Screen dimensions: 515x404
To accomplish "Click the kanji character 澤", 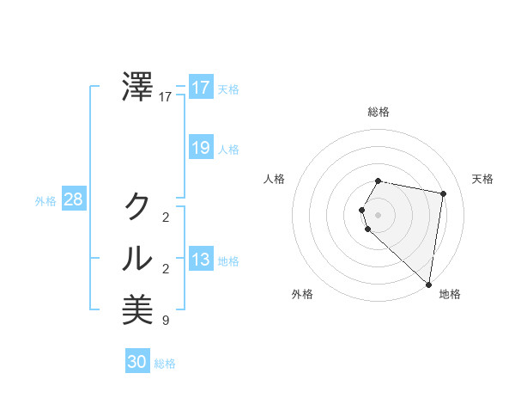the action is [x=138, y=87].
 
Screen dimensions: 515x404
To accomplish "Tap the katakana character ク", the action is [x=138, y=205].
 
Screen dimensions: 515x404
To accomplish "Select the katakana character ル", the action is [x=138, y=257].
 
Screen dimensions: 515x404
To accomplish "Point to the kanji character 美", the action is [x=138, y=309].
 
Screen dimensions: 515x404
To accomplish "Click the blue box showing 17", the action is [x=201, y=88].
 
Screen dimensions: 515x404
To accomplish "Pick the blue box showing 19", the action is [x=201, y=148].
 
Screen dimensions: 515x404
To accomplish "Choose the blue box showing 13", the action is [x=201, y=260].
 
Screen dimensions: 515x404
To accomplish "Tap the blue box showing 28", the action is [x=74, y=200].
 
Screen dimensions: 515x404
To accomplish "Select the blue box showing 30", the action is [x=137, y=362].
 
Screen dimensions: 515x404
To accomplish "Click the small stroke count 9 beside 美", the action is [x=165, y=321].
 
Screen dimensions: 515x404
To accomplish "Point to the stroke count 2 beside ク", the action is [x=165, y=217].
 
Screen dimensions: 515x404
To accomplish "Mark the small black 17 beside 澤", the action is [x=165, y=98].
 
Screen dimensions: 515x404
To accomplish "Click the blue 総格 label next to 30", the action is [x=165, y=364].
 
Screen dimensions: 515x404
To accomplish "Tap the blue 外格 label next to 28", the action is [x=45, y=201].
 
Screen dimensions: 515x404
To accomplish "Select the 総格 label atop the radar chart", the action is [x=379, y=112].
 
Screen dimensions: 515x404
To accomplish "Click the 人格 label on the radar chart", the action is [x=275, y=179].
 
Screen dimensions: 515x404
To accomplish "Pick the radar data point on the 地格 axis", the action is [x=429, y=285].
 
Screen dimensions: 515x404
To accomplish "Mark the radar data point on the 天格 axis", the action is [x=443, y=193].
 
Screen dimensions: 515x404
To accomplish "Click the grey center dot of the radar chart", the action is [x=379, y=214].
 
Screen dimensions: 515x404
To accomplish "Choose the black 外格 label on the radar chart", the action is [x=302, y=294].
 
